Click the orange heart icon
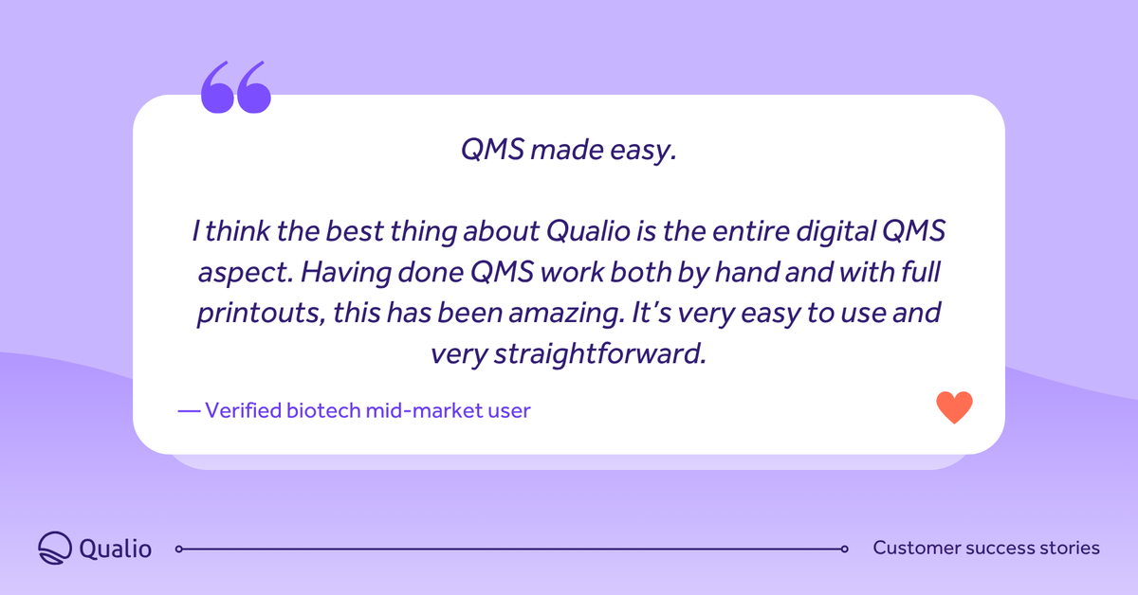[x=954, y=407]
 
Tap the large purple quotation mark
[x=236, y=89]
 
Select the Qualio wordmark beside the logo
[x=116, y=549]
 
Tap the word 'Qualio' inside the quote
[x=581, y=231]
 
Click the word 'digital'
[x=830, y=231]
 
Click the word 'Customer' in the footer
[x=915, y=548]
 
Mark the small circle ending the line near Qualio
[x=179, y=549]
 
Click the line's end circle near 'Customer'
[x=844, y=549]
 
